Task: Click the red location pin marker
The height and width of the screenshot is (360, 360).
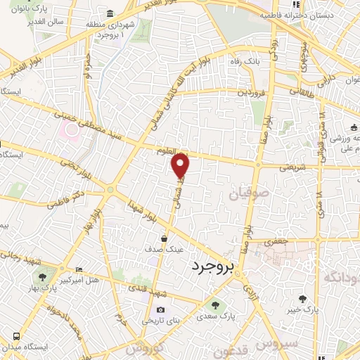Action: pyautogui.click(x=181, y=165)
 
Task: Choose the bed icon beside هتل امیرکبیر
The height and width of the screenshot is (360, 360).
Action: pyautogui.click(x=78, y=269)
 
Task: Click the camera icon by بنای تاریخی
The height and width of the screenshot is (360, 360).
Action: pyautogui.click(x=160, y=310)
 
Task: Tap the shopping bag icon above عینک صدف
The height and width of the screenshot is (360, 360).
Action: pyautogui.click(x=164, y=238)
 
